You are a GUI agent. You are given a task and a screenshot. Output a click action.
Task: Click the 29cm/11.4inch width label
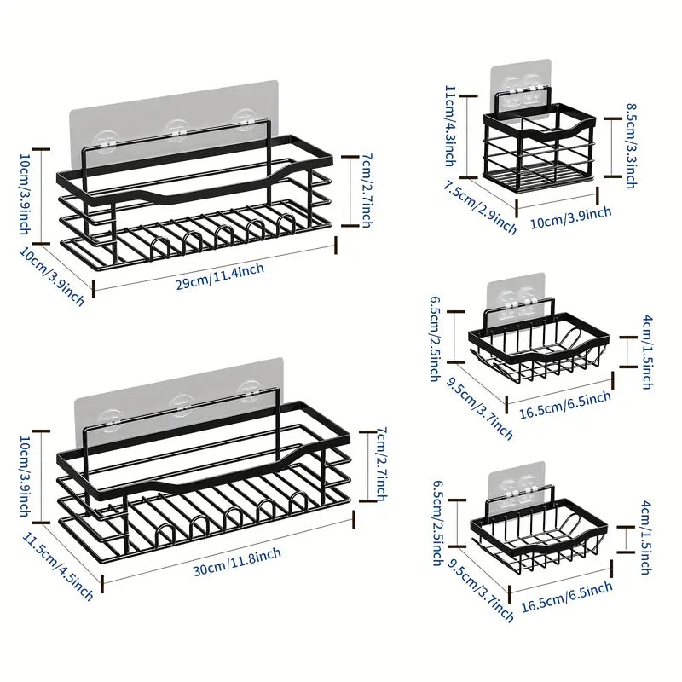click(220, 276)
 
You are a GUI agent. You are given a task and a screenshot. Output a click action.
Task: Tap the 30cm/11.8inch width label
click(237, 562)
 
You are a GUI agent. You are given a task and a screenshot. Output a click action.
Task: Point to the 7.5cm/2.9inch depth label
click(480, 208)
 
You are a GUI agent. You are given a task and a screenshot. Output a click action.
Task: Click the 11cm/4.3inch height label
click(451, 126)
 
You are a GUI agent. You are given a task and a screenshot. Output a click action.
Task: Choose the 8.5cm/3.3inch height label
click(632, 146)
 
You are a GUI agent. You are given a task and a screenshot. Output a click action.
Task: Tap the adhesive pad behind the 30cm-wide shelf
click(178, 396)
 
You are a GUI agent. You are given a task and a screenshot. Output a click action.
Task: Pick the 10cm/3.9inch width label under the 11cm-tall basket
click(570, 217)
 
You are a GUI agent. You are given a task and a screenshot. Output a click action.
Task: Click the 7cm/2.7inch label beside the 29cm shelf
click(367, 190)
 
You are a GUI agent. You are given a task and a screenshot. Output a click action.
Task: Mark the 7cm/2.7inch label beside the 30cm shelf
click(381, 464)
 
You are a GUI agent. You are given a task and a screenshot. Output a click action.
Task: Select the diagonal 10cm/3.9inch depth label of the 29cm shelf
click(51, 276)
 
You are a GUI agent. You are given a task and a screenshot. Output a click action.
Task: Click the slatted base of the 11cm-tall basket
click(540, 174)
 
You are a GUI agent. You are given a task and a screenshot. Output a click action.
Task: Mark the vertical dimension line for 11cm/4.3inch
click(468, 136)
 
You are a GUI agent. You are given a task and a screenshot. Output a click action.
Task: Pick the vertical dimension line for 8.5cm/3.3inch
click(612, 147)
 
